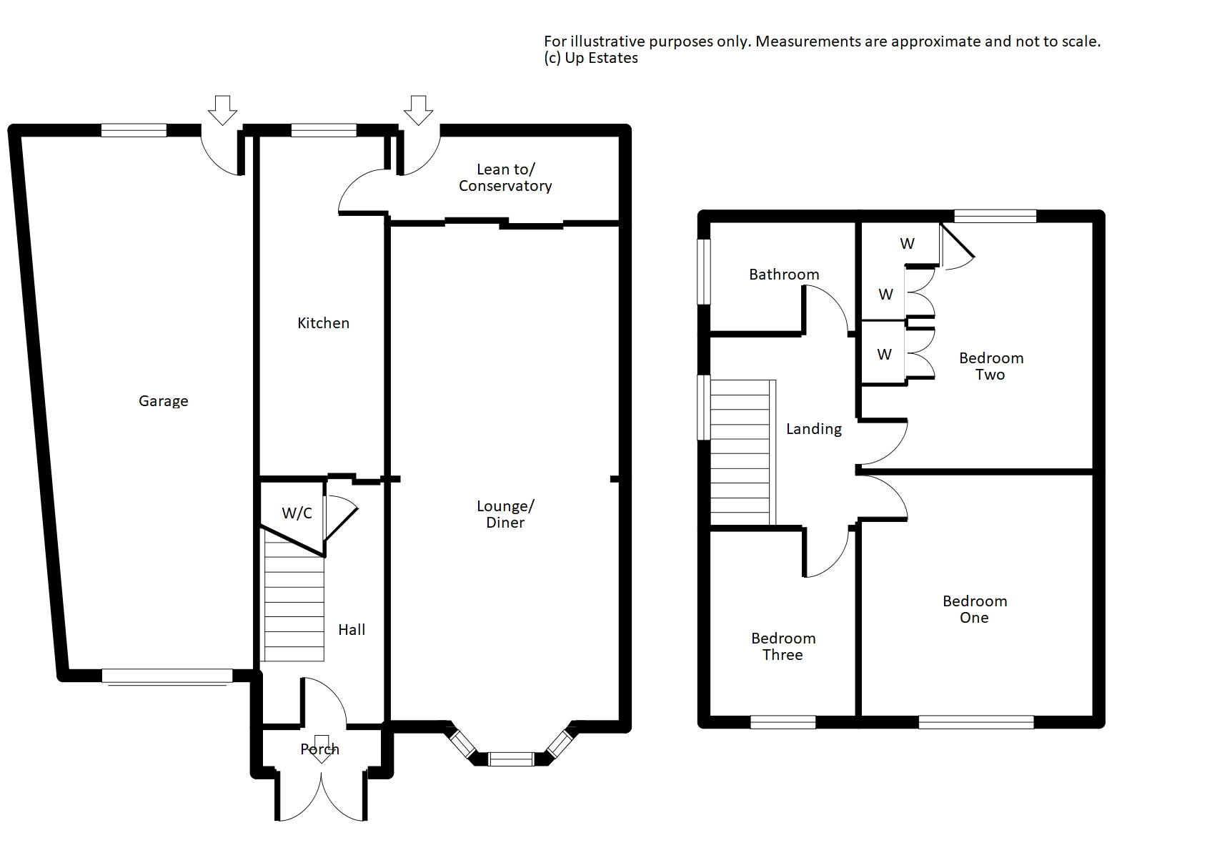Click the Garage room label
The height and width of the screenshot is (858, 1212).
point(163,401)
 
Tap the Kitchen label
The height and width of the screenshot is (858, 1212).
point(323,323)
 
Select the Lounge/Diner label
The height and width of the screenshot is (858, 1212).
point(505,514)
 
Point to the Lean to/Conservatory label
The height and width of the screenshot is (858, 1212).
point(505,177)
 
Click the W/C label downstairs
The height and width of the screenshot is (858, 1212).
point(297,513)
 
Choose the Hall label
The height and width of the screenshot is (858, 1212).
point(352,630)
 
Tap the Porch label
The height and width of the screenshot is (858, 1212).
point(319,749)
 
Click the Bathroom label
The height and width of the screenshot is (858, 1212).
point(784,275)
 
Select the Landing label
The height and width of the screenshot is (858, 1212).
point(814,429)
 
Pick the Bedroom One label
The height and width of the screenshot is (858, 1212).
point(975,609)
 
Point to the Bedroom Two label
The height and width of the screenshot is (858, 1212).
point(991,366)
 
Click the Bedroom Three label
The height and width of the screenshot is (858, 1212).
point(783,646)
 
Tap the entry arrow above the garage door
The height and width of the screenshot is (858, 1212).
point(222,109)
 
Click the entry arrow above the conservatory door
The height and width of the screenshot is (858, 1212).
point(418,109)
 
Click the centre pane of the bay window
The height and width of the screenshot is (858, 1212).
point(511,759)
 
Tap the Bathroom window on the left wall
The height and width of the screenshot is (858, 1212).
point(704,272)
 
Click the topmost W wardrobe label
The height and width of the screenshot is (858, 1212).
point(907,244)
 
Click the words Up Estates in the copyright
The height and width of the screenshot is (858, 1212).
point(601,59)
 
